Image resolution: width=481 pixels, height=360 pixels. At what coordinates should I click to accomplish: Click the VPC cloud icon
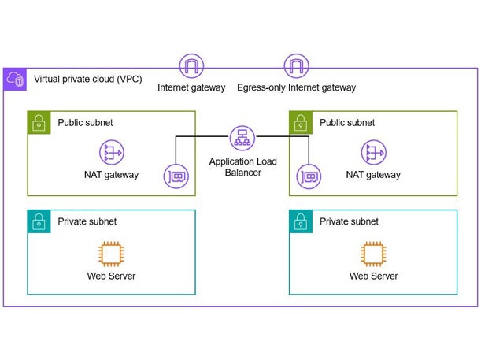15,79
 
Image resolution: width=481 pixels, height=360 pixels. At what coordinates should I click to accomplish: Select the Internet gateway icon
191,65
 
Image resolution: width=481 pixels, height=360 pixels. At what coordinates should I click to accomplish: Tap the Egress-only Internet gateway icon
296,65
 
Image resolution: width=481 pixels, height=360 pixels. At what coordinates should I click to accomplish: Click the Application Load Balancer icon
241,139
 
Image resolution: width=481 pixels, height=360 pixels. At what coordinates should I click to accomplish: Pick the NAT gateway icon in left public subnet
111,153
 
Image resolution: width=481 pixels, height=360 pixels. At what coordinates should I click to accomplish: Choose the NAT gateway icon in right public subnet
372,153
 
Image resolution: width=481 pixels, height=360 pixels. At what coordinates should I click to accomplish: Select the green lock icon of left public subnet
38,122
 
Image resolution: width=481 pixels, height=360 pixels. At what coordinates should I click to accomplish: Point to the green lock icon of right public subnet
300,122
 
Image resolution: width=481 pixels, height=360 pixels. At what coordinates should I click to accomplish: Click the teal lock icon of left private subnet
38,221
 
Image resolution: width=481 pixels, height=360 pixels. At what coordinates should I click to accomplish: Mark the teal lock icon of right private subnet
300,221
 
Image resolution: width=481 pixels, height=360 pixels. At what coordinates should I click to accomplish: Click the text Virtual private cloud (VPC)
87,80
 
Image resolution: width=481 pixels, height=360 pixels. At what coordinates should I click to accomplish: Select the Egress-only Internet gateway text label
296,87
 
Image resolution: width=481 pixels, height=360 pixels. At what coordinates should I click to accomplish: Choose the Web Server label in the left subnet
111,276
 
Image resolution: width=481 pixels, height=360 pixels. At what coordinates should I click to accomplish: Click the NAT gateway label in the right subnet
372,175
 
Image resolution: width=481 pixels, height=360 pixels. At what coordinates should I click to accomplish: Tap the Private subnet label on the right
349,221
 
